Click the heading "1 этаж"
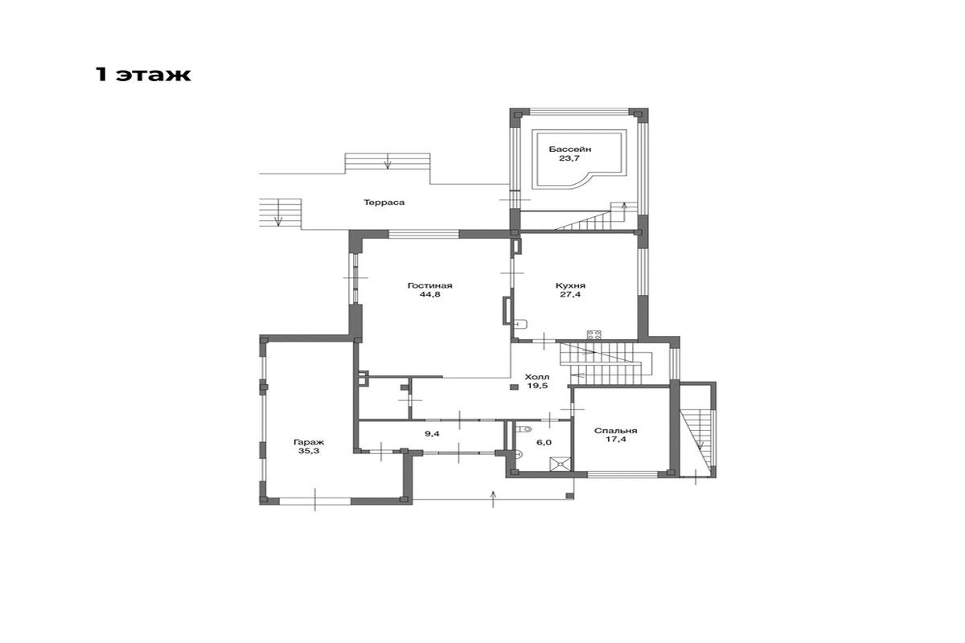click(143, 75)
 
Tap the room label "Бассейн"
click(569, 149)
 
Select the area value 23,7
click(569, 158)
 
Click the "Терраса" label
click(384, 203)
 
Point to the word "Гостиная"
click(430, 285)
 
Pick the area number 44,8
click(430, 295)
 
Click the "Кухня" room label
click(570, 285)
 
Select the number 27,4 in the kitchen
click(570, 295)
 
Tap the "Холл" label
click(537, 377)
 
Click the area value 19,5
click(538, 386)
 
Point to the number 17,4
click(616, 440)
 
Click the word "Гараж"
click(309, 442)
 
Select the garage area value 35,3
click(309, 452)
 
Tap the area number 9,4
click(432, 434)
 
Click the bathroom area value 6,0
click(544, 442)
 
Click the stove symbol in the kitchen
click(594, 334)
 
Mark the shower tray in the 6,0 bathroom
click(561, 464)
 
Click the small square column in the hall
click(514, 387)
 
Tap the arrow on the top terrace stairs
click(388, 161)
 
